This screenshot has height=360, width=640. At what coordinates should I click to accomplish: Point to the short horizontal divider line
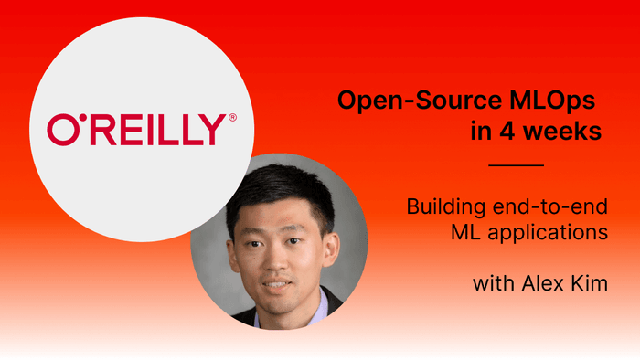(517, 165)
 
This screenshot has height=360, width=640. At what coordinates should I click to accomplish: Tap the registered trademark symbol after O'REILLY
(232, 118)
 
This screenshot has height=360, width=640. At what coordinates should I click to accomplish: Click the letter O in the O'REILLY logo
(61, 130)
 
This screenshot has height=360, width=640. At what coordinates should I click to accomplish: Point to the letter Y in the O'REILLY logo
(208, 130)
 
